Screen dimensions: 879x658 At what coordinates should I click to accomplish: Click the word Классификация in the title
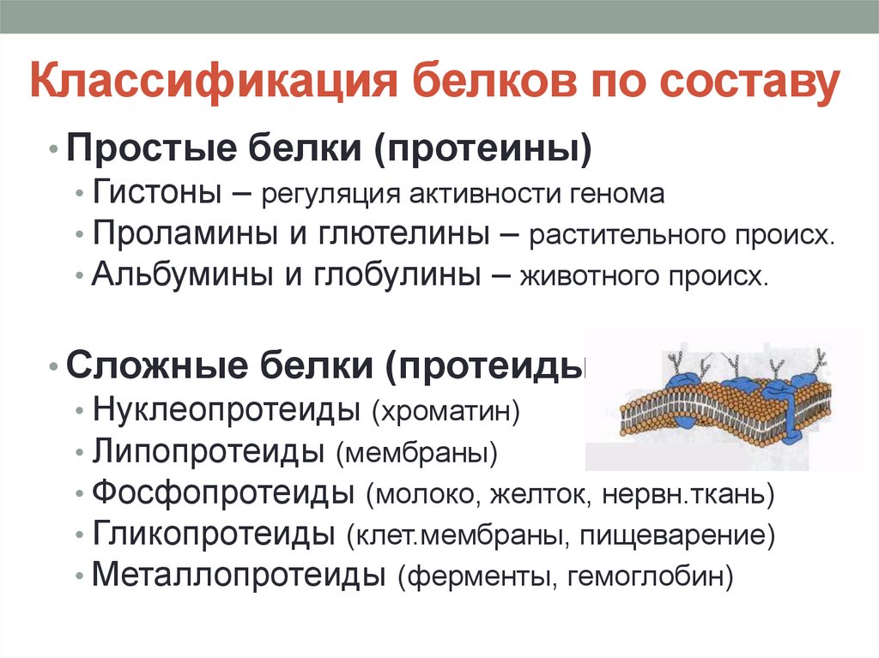click(x=214, y=82)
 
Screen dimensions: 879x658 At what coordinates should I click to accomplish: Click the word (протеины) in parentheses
click(x=482, y=149)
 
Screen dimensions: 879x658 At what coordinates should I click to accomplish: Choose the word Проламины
click(x=185, y=232)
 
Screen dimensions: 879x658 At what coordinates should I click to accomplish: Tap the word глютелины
click(x=404, y=233)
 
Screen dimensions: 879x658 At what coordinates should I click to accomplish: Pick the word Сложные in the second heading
click(x=157, y=365)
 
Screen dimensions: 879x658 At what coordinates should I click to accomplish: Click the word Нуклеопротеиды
click(x=226, y=410)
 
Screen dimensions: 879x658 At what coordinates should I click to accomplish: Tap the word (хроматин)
click(x=446, y=411)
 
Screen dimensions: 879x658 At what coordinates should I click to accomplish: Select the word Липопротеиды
click(x=209, y=451)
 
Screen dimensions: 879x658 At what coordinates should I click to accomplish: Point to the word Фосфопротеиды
click(x=223, y=492)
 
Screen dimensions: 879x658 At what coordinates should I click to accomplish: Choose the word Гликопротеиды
click(x=214, y=534)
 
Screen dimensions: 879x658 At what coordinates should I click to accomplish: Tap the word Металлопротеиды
click(x=239, y=575)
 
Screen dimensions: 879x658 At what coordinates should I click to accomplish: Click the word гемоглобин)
click(x=651, y=577)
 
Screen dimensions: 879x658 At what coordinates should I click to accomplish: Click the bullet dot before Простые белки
click(x=53, y=150)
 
